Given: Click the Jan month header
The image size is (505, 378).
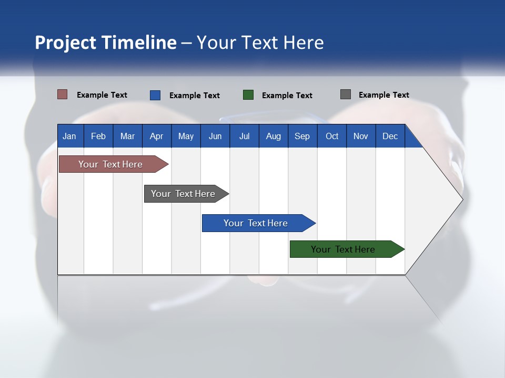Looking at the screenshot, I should tap(69, 136).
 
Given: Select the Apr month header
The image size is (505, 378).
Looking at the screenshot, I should tap(157, 136).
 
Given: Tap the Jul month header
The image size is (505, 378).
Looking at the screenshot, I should tap(244, 136).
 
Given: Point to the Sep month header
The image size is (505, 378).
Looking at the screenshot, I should tap(302, 136).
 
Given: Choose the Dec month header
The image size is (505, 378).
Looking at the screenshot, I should tap(390, 136).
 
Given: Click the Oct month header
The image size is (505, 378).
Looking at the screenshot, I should tap(332, 136).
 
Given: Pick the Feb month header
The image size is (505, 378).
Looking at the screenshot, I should tap(98, 136).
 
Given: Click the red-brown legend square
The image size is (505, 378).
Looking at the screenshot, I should tap(62, 94).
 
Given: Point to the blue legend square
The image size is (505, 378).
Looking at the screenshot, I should tap(155, 95).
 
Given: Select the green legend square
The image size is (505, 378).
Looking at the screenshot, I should tap(248, 95).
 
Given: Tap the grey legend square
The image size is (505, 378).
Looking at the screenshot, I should tap(346, 94).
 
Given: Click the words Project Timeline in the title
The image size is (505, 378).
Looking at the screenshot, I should tap(105, 43).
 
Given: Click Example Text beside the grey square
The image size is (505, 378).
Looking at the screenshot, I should tap(383, 95).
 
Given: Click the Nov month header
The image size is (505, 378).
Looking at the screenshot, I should tap(361, 136).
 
